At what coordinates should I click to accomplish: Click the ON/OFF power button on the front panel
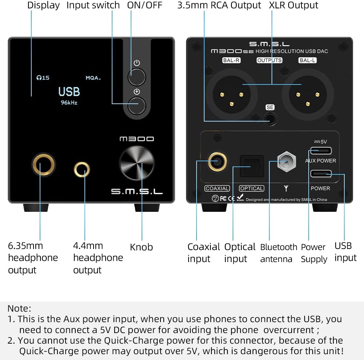(x=136, y=77)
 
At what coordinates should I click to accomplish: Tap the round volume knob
(x=137, y=163)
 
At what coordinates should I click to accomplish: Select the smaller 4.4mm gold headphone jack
(x=82, y=169)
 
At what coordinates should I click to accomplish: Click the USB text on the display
(x=69, y=91)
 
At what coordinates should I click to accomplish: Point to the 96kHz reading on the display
(x=69, y=103)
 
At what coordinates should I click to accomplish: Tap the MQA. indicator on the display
(x=93, y=78)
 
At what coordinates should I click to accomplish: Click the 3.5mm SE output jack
(x=270, y=119)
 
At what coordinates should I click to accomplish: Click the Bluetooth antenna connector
(x=286, y=161)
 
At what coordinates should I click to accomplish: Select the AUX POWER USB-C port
(x=321, y=150)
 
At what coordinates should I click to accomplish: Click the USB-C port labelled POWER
(x=321, y=174)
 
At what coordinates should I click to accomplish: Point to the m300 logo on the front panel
(x=136, y=139)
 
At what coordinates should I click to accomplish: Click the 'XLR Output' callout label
(x=293, y=5)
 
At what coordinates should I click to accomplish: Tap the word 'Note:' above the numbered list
(x=19, y=309)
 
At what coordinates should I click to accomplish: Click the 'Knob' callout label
(x=141, y=247)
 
